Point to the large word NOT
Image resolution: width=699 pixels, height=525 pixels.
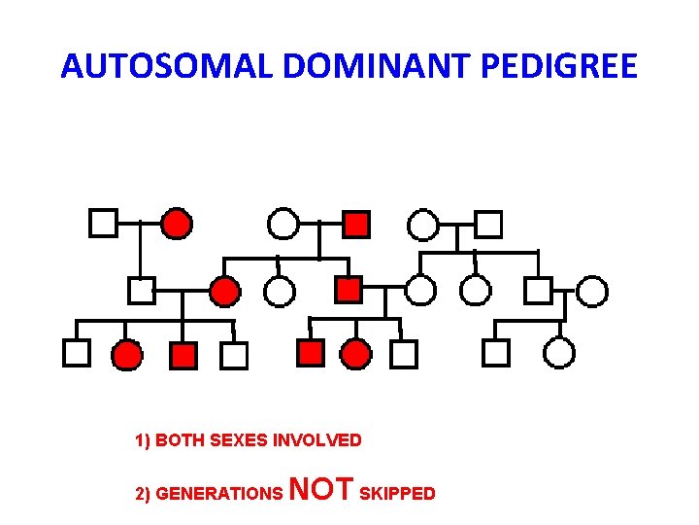point(322,489)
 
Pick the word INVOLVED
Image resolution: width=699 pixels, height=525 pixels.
point(317,440)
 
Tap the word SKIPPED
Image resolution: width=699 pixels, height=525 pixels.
point(397,494)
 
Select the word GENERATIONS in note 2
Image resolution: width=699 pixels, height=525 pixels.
point(219,494)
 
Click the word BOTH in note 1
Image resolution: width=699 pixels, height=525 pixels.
point(176,440)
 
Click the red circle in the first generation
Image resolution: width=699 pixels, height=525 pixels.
point(176,225)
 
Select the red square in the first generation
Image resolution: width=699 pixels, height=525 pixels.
point(356,225)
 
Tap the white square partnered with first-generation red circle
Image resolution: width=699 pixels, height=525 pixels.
point(103,224)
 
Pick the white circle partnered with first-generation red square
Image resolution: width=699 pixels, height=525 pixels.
point(283,225)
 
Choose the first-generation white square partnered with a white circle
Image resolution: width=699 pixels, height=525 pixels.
point(488,225)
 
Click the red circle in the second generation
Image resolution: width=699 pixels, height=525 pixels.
point(225,291)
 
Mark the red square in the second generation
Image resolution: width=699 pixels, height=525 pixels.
point(348,289)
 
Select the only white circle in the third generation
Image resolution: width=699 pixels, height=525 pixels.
point(558,352)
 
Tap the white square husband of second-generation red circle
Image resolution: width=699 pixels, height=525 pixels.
point(142,290)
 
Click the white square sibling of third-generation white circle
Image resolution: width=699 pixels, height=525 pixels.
point(496,352)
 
